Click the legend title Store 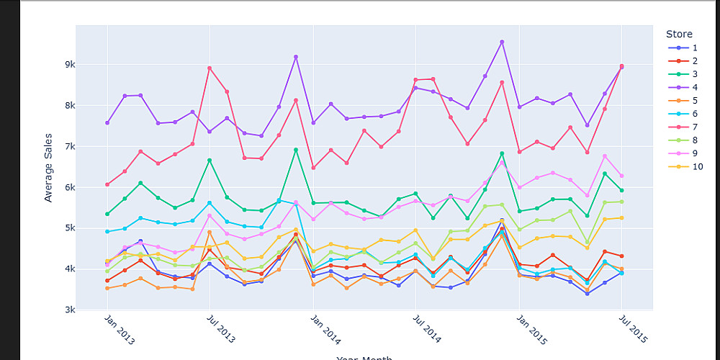pos(679,34)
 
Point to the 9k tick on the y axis pos(70,65)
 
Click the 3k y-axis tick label pos(70,310)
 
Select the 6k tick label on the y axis pos(70,188)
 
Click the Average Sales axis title pos(48,168)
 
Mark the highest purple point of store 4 pos(502,42)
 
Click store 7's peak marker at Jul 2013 pos(210,68)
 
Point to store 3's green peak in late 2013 pos(295,150)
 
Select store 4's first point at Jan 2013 pos(107,122)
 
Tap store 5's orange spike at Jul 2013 pos(210,233)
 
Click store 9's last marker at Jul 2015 pos(621,176)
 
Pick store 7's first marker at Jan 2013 pos(107,184)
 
